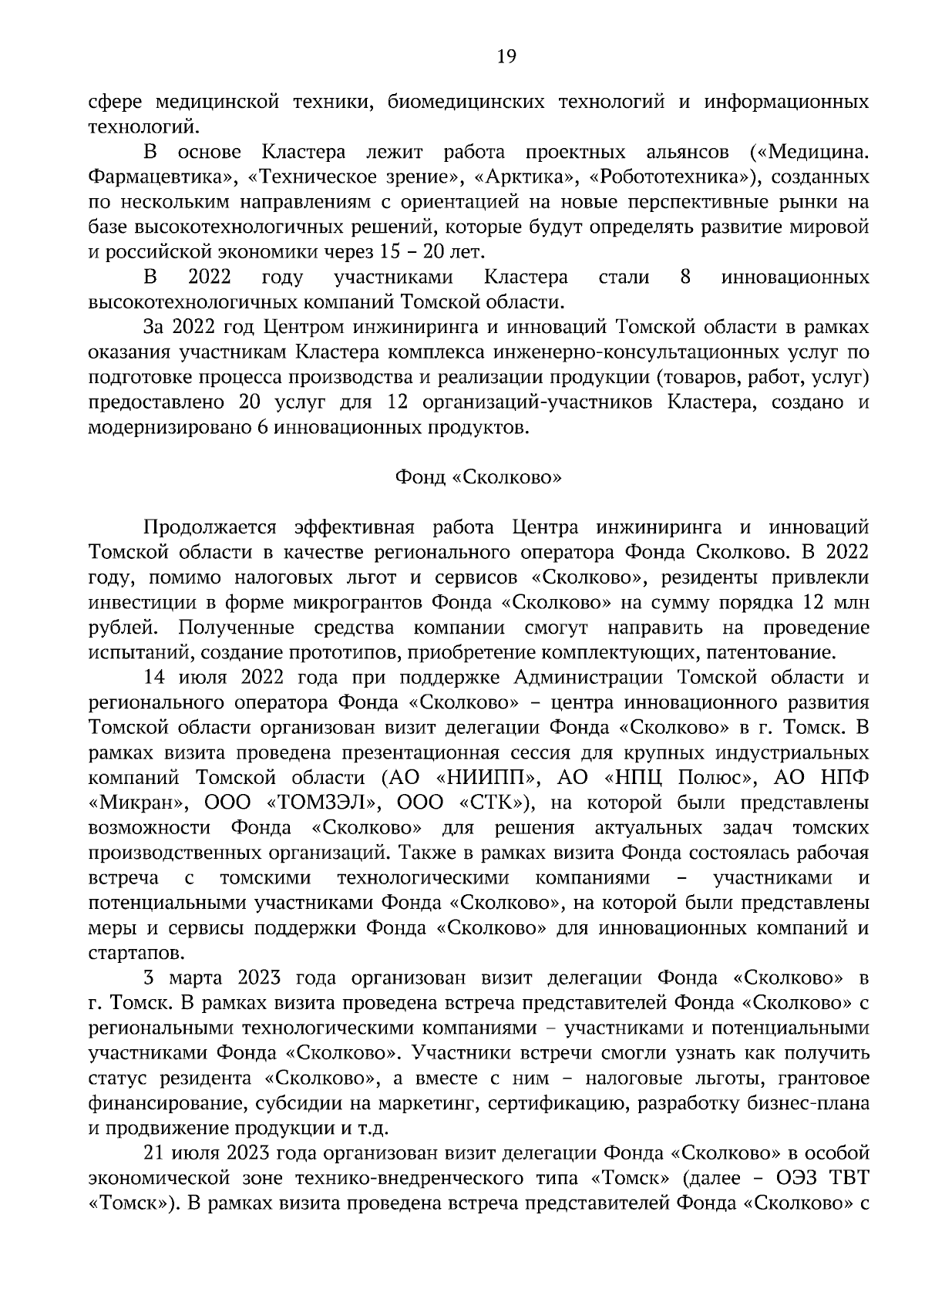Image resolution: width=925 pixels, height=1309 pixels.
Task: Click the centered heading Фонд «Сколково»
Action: [478, 478]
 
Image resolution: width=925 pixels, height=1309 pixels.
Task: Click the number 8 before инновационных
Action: [685, 277]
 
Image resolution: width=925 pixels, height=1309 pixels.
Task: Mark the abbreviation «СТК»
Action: [495, 803]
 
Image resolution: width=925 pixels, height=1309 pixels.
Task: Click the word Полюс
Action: [711, 777]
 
